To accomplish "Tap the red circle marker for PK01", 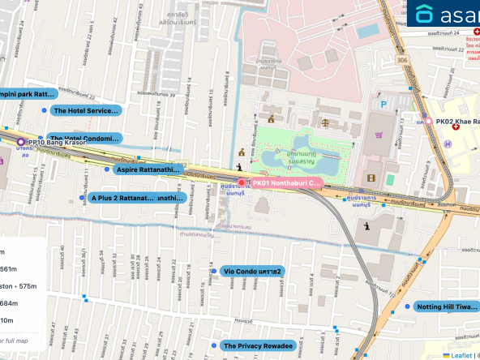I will pos(240,182).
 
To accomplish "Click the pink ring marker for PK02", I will pos(428,122).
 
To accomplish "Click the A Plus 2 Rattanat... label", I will pos(137,197).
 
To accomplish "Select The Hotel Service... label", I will pos(85,110).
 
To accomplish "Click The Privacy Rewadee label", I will pos(257,346).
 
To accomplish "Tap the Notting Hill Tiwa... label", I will pos(447,307).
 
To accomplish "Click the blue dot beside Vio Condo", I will pos(214,271).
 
